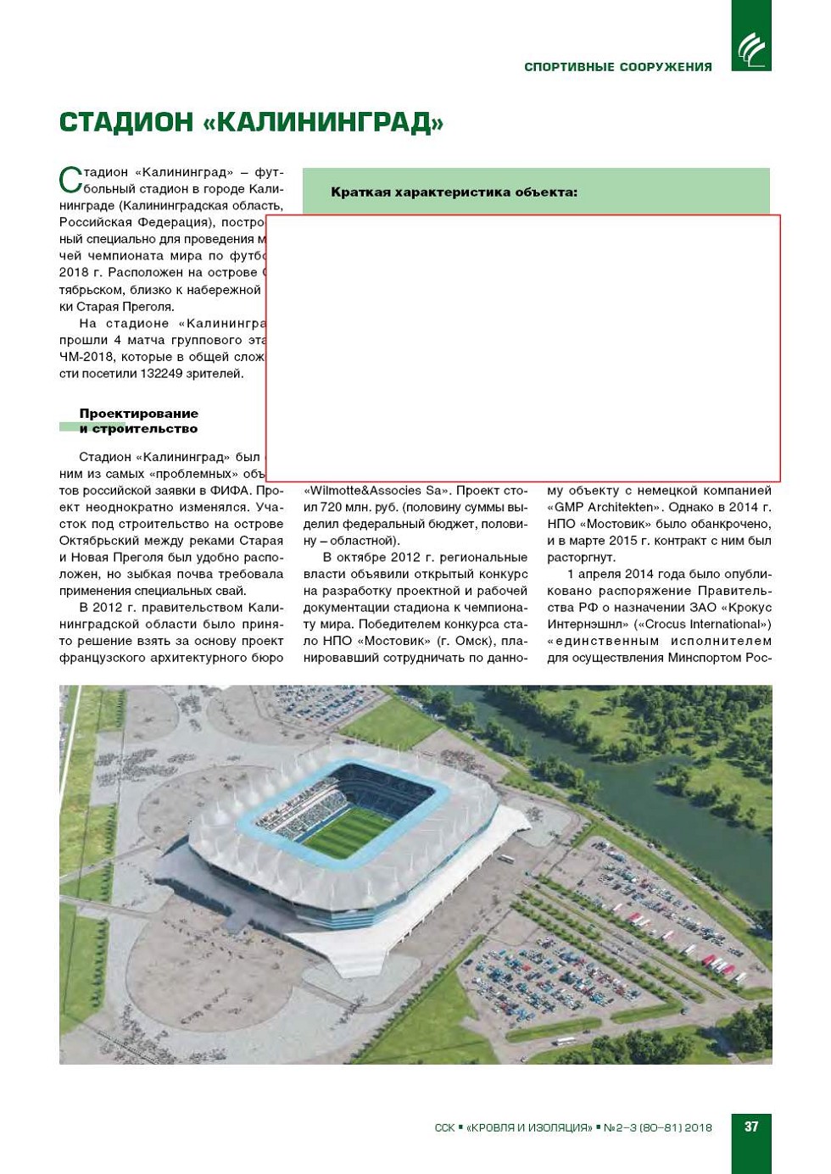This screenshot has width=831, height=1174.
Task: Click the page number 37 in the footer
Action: click(750, 1127)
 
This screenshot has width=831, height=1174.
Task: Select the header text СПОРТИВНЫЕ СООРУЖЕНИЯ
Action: click(617, 67)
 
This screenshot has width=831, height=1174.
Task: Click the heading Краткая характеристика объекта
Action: click(454, 192)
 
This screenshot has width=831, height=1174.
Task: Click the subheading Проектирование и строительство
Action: click(138, 421)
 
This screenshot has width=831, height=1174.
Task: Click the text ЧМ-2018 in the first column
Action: click(82, 357)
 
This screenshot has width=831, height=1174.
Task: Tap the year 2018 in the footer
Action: click(698, 1128)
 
